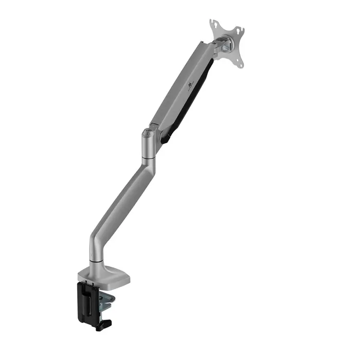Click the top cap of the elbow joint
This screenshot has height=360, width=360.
tap(147, 134)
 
